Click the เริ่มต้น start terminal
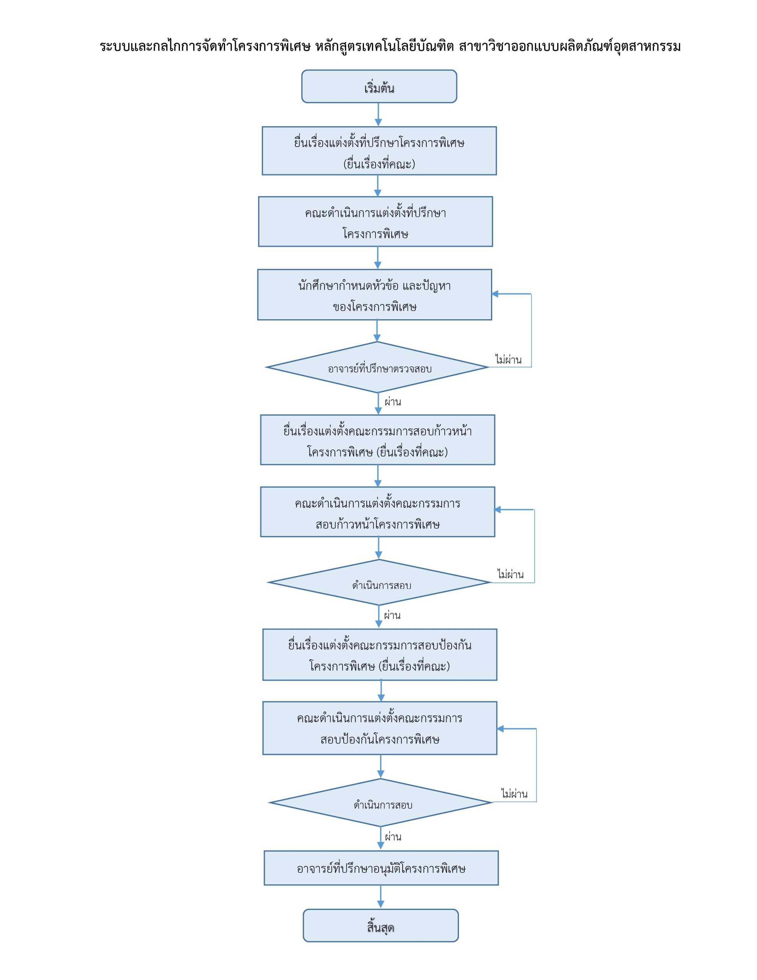tap(379, 86)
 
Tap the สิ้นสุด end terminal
tap(380, 925)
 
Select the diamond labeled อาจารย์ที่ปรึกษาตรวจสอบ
tap(377, 367)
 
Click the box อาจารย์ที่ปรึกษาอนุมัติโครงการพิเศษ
tap(381, 868)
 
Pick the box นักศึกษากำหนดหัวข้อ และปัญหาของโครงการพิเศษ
tap(374, 294)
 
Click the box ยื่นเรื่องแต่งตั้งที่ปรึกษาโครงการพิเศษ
tap(379, 151)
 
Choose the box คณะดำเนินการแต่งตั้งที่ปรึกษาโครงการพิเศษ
tap(375, 222)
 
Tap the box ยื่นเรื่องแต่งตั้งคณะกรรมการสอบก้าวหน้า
tap(377, 440)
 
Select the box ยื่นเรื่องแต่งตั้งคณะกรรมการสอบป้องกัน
tap(380, 654)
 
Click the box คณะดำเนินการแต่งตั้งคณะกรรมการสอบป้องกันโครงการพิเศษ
tap(380, 728)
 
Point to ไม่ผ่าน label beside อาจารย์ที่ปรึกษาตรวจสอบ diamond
tap(508, 359)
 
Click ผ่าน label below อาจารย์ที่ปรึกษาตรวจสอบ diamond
tap(393, 402)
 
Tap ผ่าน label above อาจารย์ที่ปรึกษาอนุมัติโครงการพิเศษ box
tap(393, 836)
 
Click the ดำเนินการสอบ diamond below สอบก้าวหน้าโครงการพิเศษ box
tap(379, 582)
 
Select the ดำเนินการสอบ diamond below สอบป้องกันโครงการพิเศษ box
tap(380, 803)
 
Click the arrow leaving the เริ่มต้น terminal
tap(378, 114)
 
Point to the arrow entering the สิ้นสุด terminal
tap(380, 897)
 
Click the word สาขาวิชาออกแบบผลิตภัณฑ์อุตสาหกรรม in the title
tap(569, 46)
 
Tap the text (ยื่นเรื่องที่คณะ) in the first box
tap(379, 164)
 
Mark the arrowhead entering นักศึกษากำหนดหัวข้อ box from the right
tap(495, 294)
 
